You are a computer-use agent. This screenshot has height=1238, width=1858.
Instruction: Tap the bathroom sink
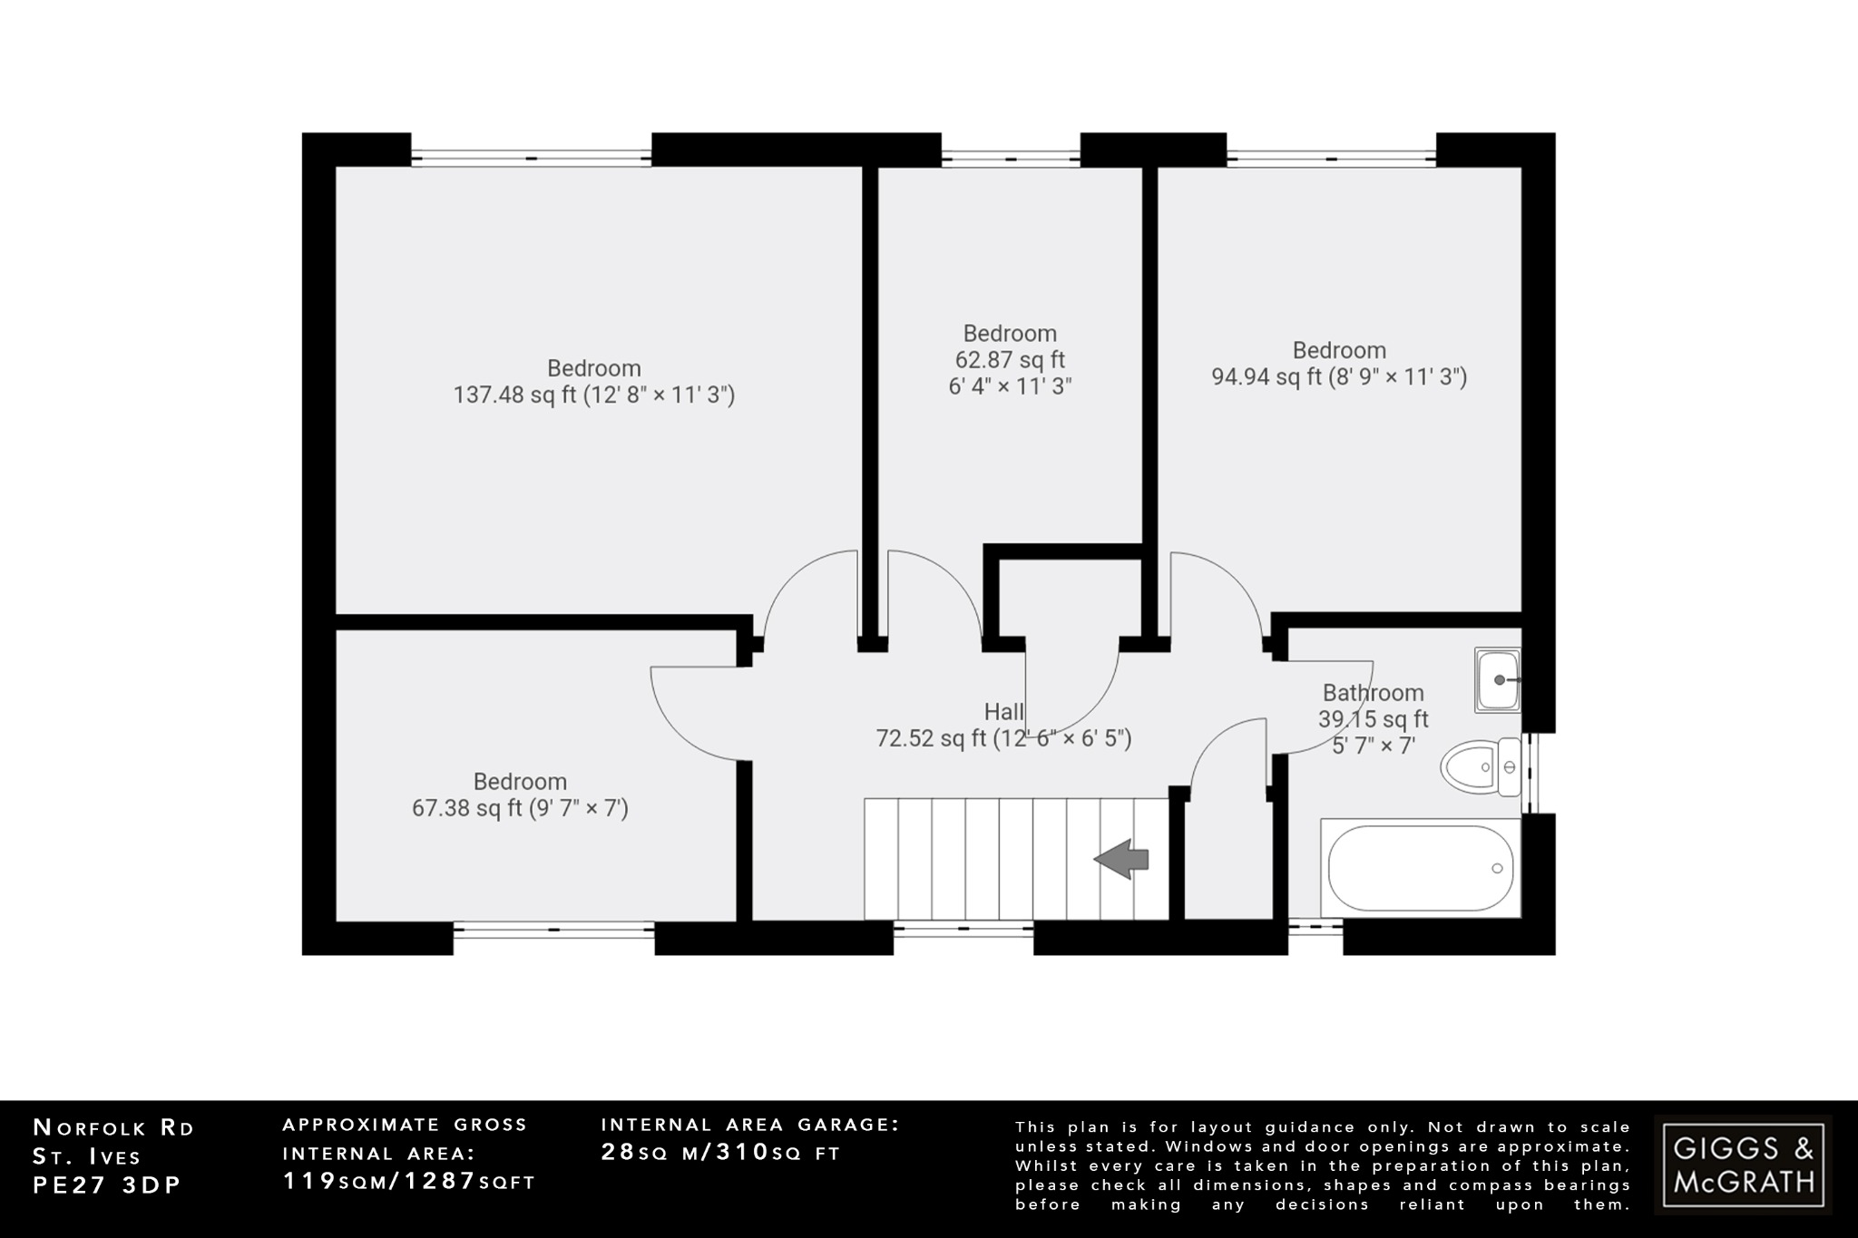pos(1497,679)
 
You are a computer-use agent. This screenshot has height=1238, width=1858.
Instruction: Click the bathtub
pos(1420,868)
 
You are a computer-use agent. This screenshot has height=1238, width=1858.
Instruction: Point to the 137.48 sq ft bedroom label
pos(594,382)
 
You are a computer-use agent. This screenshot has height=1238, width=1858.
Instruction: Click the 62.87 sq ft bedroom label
pos(1010,360)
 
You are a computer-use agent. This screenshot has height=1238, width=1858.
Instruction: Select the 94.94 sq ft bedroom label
pos(1339,364)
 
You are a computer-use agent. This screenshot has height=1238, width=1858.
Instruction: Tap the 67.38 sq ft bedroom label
pos(520,794)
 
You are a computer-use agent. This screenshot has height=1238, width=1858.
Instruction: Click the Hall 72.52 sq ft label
pos(1003,726)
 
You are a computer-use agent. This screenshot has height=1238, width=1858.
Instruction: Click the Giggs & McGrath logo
pos(1743,1165)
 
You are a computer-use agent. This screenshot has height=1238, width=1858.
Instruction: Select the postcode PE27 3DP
pos(107,1185)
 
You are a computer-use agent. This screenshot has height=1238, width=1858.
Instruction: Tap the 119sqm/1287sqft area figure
pos(409,1181)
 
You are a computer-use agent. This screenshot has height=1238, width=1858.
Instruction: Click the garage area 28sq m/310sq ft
pos(721,1153)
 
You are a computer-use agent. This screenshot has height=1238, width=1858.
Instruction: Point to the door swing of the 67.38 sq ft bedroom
pos(694,713)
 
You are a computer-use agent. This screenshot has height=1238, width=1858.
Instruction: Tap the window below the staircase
pos(963,930)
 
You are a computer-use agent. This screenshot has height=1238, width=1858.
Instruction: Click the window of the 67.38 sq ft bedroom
pos(553,930)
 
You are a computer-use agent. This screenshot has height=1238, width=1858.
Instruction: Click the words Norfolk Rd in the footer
pos(113,1128)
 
